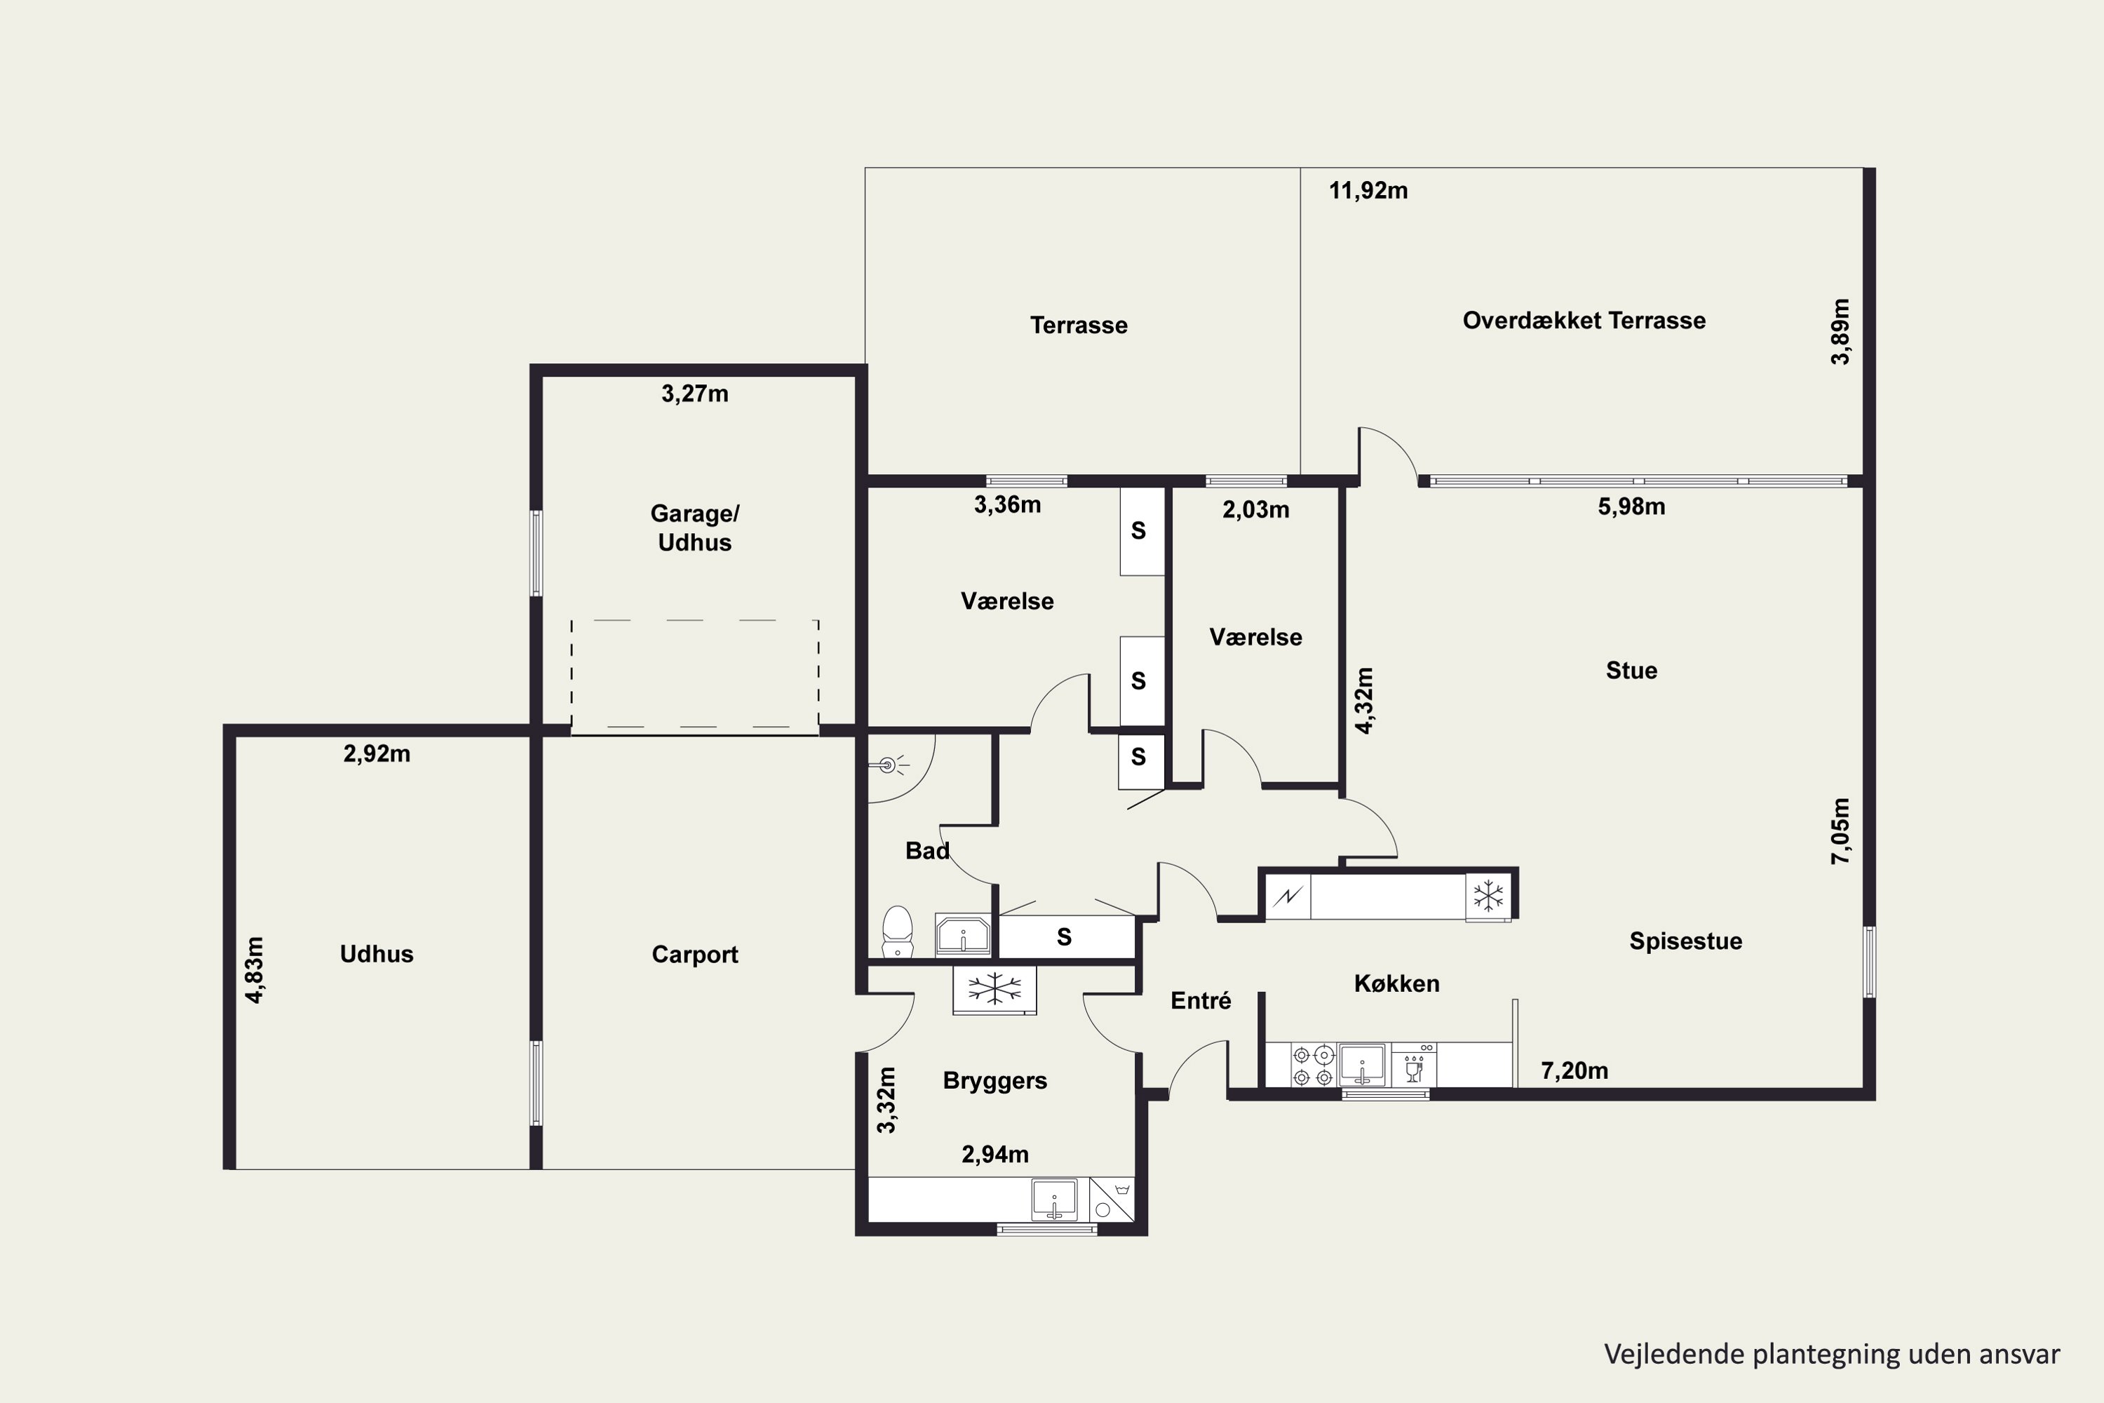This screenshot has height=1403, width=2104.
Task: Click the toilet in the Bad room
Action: tap(897, 932)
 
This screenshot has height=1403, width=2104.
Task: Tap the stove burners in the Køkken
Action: tap(1313, 1066)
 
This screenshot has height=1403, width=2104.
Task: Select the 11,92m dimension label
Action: tap(1368, 191)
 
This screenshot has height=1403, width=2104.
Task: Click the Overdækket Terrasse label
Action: tap(1584, 321)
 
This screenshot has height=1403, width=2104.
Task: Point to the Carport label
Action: tap(695, 955)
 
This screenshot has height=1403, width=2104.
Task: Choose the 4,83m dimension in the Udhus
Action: tap(255, 970)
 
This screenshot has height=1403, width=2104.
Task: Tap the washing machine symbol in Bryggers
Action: tap(1112, 1199)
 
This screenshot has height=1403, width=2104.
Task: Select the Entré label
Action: tap(1201, 1000)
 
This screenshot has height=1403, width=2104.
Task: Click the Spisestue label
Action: tap(1685, 941)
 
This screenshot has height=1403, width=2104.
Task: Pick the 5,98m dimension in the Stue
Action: tap(1632, 506)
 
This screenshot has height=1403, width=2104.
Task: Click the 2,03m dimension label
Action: tap(1256, 510)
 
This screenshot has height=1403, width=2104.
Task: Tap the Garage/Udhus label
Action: tap(695, 528)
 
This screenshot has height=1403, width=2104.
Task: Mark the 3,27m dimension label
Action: tap(695, 394)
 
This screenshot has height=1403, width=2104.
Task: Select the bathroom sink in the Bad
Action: tap(962, 935)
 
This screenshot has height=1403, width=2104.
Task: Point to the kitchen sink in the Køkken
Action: tap(1361, 1065)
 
